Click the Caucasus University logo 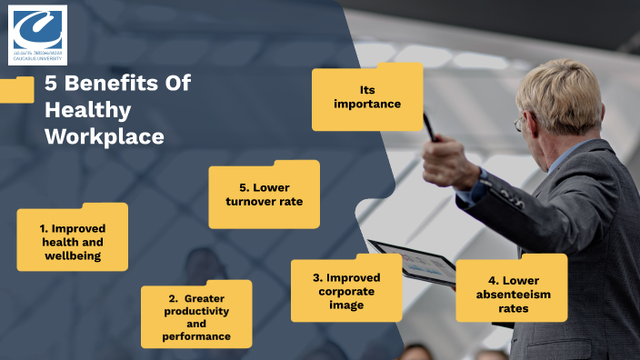tap(37, 35)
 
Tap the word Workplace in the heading tap(105, 136)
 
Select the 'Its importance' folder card tap(366, 97)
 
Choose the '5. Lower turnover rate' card tap(264, 195)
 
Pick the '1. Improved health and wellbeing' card tap(73, 238)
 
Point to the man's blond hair tap(565, 91)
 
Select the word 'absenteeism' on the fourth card tap(515, 295)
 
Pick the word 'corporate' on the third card tap(345, 291)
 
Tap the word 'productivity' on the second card tap(196, 311)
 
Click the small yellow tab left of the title tap(15, 89)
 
